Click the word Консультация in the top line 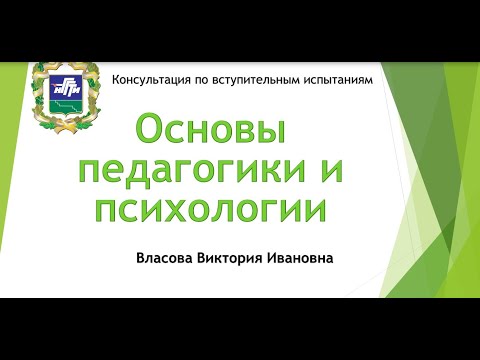point(151,78)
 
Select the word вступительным point(259,78)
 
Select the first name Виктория point(239,257)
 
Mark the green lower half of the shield point(66,104)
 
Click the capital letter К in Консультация point(117,78)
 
